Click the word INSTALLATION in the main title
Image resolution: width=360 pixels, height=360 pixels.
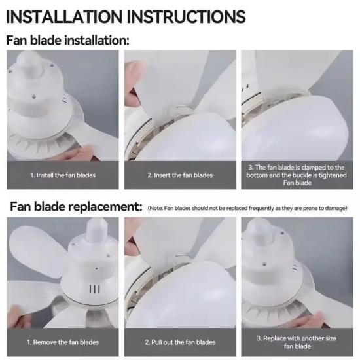[x=64, y=16]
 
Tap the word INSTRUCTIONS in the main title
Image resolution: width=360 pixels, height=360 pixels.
[x=186, y=16]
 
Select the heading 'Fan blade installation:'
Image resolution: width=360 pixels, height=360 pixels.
[x=67, y=40]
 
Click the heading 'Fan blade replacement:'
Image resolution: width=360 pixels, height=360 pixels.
[x=76, y=207]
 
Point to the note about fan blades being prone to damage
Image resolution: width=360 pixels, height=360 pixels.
[x=247, y=208]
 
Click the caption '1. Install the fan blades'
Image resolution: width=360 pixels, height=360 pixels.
[x=63, y=175]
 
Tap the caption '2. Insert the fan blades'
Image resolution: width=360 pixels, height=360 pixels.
[x=180, y=175]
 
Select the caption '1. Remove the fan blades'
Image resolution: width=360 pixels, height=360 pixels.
[x=63, y=342]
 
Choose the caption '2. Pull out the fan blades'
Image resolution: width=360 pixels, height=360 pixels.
[x=180, y=342]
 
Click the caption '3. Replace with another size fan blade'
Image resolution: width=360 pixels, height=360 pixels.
[x=297, y=342]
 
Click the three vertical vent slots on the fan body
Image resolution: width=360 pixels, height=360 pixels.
[x=94, y=289]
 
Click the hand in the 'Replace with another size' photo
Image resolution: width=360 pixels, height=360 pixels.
[x=315, y=320]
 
